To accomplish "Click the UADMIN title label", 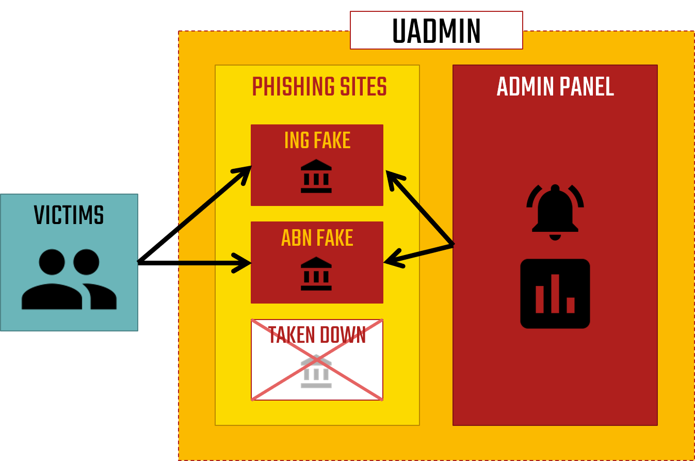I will point(437,31).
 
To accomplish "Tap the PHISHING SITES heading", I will point(319,87).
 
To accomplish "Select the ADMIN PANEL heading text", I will point(555,87).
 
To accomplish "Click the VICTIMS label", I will point(69,215).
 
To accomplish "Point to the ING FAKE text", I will point(317,140).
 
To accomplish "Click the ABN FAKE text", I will point(317,238).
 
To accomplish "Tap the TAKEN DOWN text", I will point(317,336).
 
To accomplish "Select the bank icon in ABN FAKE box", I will point(316,274).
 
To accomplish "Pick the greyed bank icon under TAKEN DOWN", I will point(316,371).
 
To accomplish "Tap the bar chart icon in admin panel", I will point(555,294).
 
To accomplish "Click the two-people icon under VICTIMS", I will point(69,279).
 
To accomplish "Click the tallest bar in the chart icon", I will point(555,293).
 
